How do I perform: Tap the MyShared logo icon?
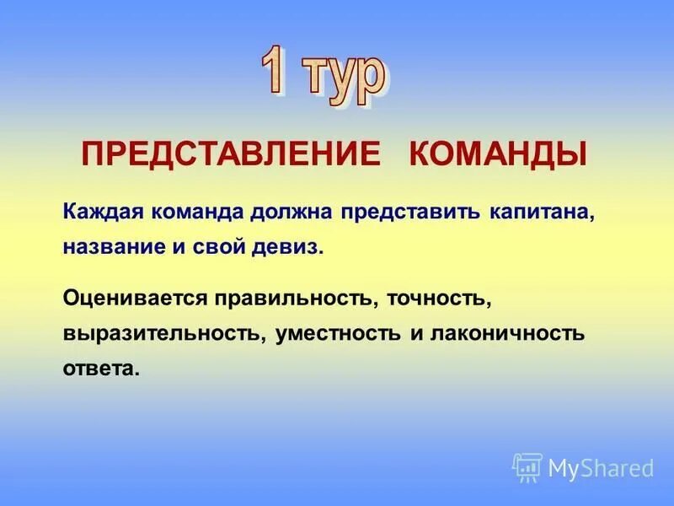point(527,466)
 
